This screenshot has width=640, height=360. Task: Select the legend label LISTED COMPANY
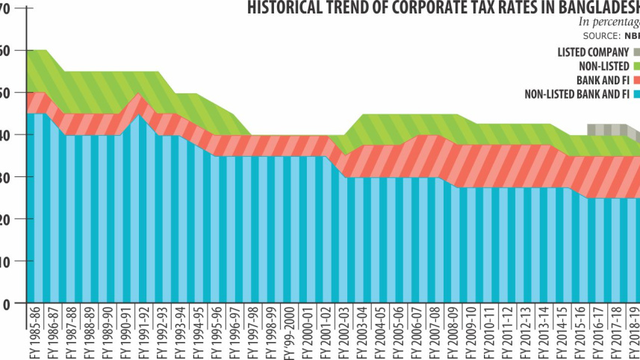(592, 52)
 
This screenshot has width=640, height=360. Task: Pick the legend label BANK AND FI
(603, 80)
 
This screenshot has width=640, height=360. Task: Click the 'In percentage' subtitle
(605, 22)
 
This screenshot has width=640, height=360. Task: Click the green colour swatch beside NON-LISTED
(636, 66)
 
